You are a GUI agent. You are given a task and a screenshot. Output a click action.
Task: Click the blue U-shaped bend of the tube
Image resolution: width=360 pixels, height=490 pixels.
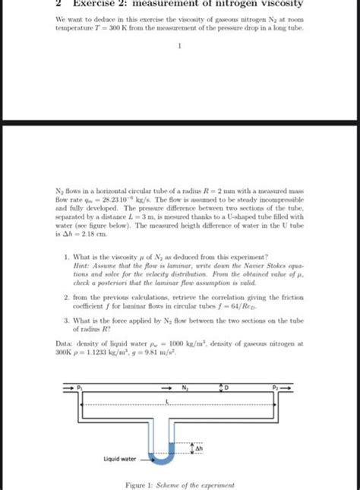[165, 456]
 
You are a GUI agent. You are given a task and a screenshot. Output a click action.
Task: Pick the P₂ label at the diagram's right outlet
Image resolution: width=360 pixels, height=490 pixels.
[277, 387]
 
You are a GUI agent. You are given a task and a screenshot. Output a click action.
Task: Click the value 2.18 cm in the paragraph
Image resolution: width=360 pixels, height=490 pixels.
[94, 236]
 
